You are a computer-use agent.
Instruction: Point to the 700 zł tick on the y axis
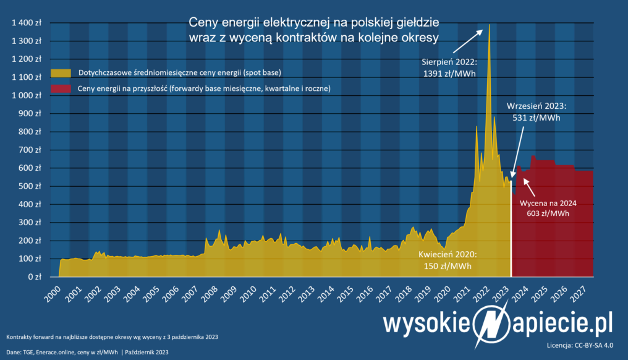point(31,150)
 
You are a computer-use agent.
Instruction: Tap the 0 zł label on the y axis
point(35,277)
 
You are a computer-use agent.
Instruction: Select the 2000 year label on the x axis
point(53,293)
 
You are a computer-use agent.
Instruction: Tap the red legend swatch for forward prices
point(60,88)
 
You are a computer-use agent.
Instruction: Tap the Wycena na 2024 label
point(548,202)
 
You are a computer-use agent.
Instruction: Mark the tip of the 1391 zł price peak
point(490,25)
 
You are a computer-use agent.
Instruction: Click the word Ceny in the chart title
point(203,22)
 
